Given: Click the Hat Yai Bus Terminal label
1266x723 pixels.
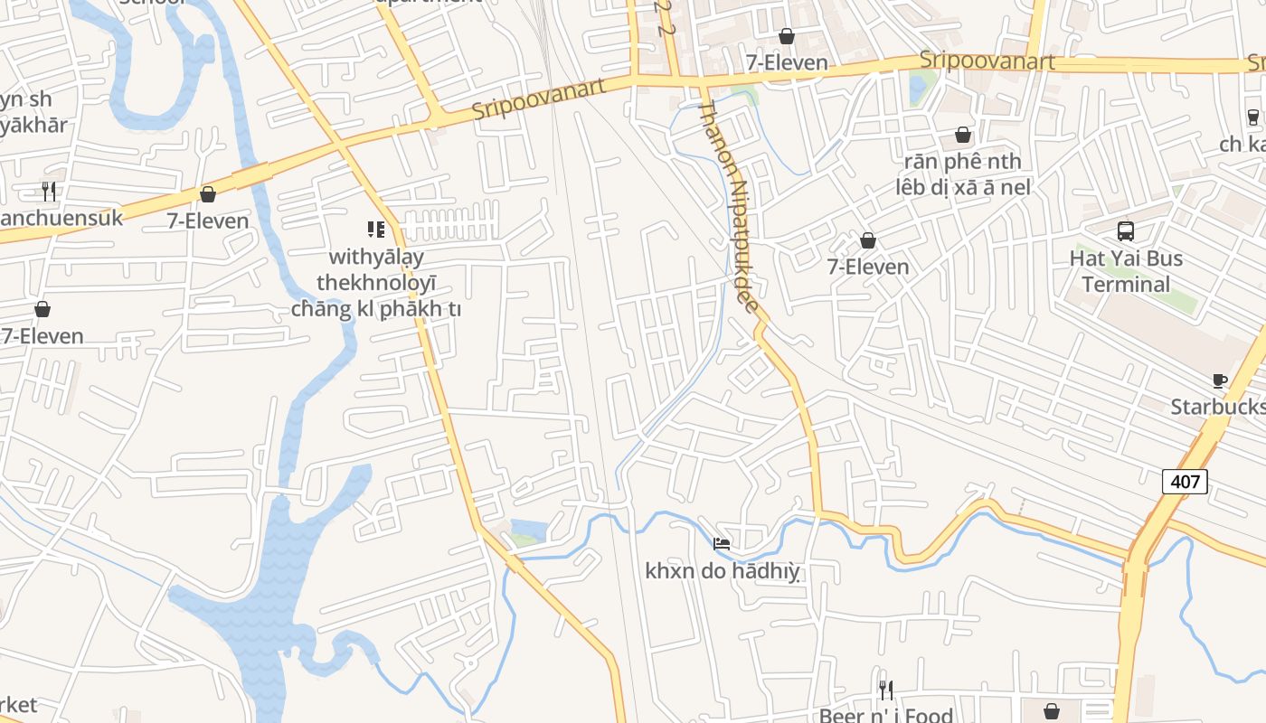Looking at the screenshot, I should coord(1126,271).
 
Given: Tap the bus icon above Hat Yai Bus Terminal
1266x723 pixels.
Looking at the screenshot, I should coord(1126,231).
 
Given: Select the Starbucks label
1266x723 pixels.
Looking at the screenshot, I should coord(1216,407).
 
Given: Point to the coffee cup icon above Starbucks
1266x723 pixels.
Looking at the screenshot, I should coord(1219,380).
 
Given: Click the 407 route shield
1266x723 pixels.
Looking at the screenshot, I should coord(1185,482).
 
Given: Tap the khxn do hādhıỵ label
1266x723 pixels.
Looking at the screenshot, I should coord(723,571).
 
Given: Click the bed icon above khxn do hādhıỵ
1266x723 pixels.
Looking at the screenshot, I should coord(722,543).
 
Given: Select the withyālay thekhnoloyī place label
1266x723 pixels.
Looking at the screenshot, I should coord(376,283).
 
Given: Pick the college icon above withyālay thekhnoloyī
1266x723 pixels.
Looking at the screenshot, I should coord(376,230).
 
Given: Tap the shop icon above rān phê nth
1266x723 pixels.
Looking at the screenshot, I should coord(963,135).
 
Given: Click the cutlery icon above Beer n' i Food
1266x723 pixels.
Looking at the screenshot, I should coord(886,690).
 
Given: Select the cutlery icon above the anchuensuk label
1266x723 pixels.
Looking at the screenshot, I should coord(49,191).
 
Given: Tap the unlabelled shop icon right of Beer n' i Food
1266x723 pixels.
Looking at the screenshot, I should coord(1051,711).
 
